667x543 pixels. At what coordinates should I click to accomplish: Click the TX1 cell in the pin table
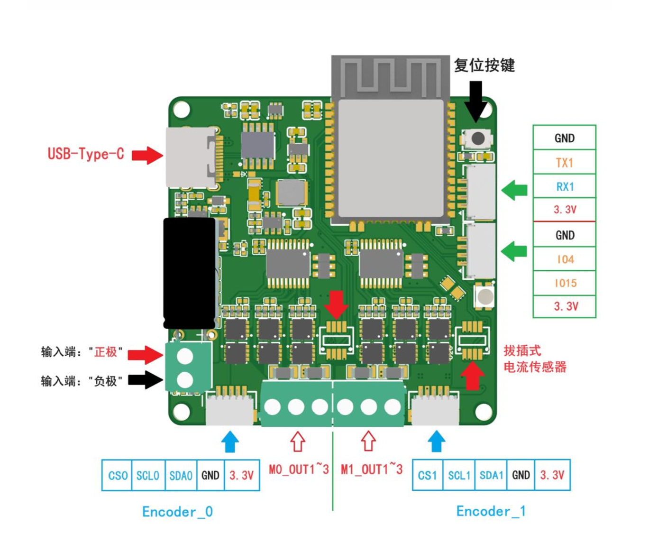tap(564, 163)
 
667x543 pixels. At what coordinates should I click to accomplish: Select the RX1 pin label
tap(564, 186)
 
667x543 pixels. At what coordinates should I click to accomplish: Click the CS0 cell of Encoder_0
tap(117, 475)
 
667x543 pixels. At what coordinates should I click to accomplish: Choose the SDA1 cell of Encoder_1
tap(491, 475)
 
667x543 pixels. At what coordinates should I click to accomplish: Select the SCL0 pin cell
tap(147, 475)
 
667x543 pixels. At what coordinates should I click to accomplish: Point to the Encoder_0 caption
tap(177, 512)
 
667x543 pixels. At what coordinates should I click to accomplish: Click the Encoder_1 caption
tap(491, 511)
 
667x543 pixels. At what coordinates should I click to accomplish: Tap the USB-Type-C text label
tap(86, 154)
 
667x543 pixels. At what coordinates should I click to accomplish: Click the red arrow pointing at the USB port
tap(147, 155)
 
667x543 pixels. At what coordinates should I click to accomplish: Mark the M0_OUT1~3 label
tap(299, 469)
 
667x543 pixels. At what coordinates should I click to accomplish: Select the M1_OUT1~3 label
tap(372, 469)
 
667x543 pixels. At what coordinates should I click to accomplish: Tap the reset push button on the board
tap(477, 138)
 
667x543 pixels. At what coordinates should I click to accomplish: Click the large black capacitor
tap(189, 273)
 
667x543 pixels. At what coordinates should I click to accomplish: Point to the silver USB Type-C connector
tap(190, 157)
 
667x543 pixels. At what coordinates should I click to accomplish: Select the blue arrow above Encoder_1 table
tap(436, 441)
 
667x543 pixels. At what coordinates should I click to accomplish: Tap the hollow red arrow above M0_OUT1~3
tap(297, 441)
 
